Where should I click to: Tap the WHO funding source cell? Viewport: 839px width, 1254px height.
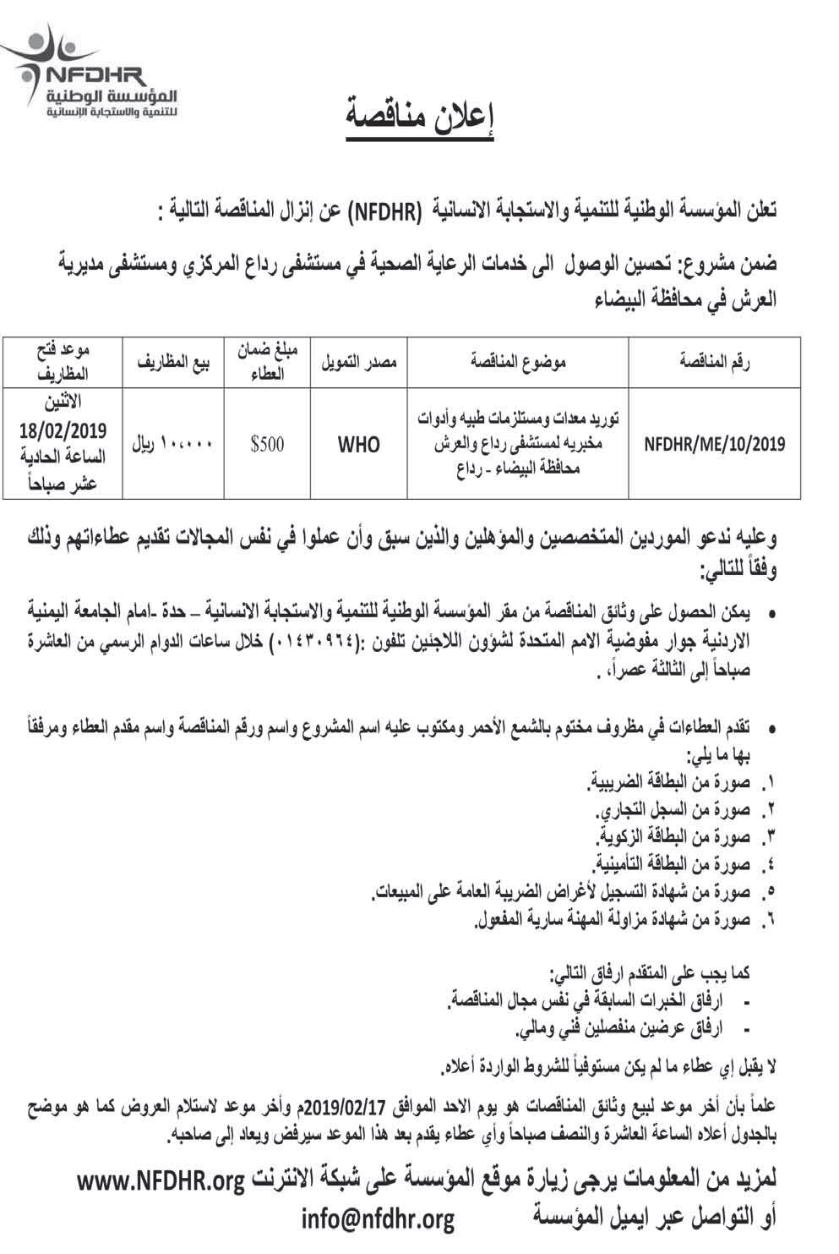[x=359, y=443]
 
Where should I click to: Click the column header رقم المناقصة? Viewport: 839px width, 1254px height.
[x=715, y=363]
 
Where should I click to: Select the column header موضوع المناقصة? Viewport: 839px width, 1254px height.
[x=518, y=363]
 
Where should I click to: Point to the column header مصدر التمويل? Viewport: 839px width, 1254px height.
[x=359, y=363]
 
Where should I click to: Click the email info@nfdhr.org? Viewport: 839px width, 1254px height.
[x=378, y=1218]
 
